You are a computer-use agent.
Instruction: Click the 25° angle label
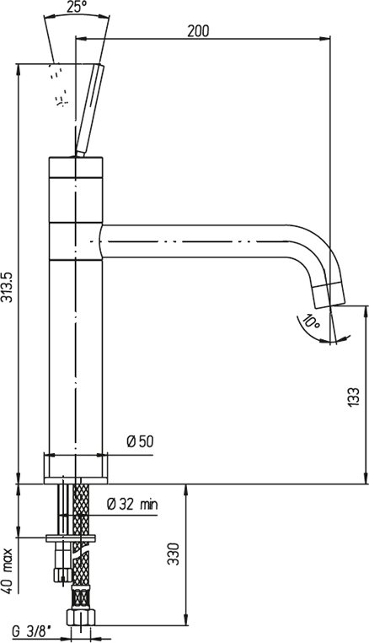pyautogui.click(x=76, y=8)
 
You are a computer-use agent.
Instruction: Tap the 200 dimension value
pyautogui.click(x=198, y=31)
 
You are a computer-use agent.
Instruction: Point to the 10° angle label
pyautogui.click(x=310, y=321)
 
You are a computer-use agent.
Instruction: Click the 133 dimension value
pyautogui.click(x=354, y=397)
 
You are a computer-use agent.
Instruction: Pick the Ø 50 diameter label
pyautogui.click(x=140, y=441)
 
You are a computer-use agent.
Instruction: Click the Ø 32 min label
pyautogui.click(x=132, y=504)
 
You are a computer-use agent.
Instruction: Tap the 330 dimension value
pyautogui.click(x=174, y=554)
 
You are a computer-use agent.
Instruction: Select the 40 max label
pyautogui.click(x=8, y=570)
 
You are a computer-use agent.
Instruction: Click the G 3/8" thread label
pyautogui.click(x=29, y=632)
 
